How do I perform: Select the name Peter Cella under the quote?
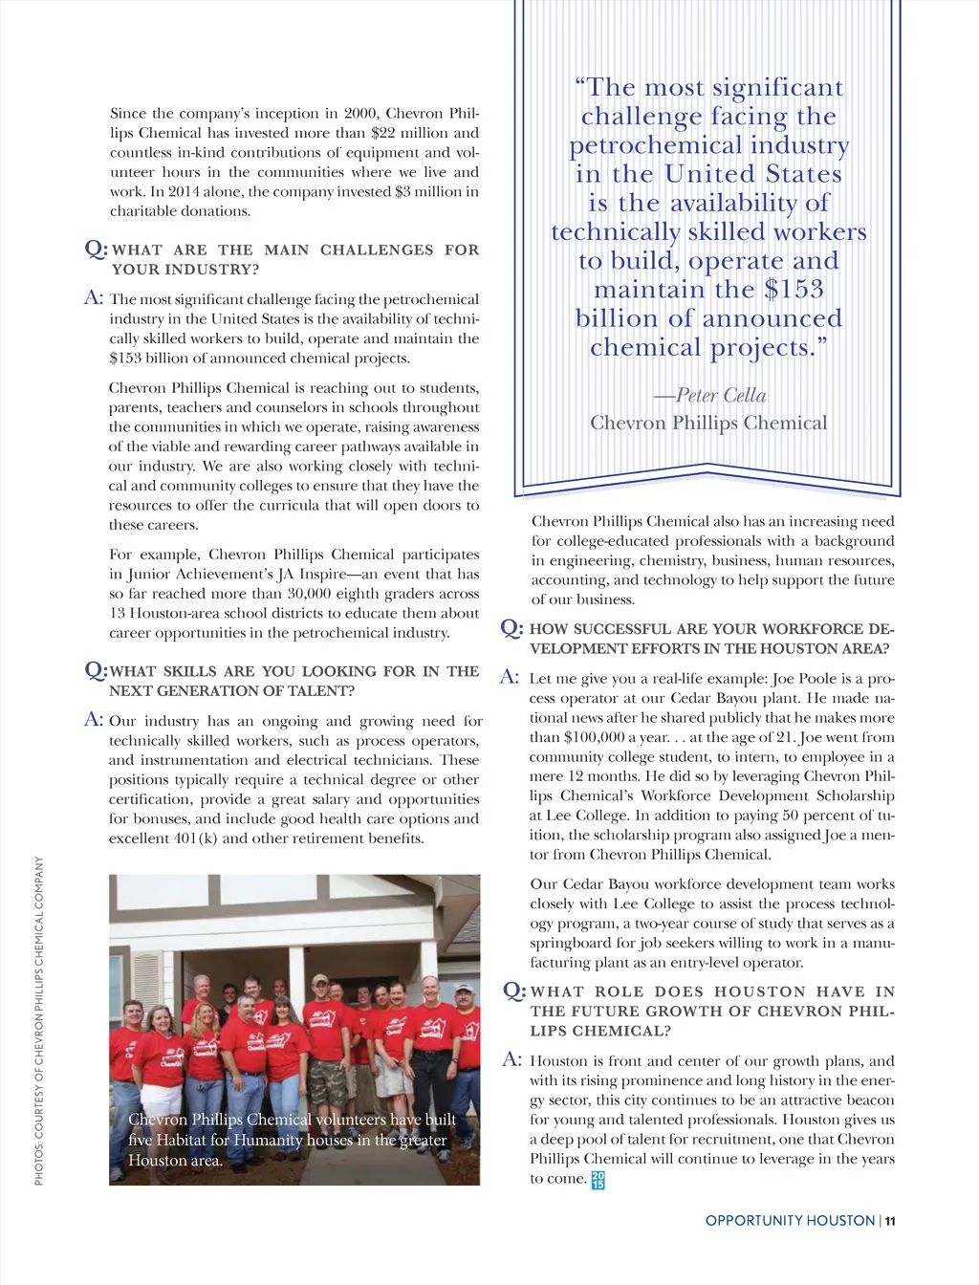coord(721,395)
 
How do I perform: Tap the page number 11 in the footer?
coord(890,1221)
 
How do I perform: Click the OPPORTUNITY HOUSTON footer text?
coord(790,1221)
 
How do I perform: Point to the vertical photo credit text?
coord(39,1020)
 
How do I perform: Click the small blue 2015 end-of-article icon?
coord(598,1180)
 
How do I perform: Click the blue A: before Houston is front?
coord(512,1059)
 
